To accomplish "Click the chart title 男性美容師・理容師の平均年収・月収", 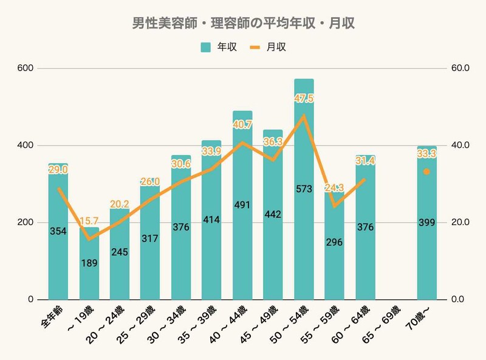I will tap(243, 24).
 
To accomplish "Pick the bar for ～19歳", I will tap(89, 280).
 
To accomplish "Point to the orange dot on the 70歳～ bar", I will tap(426, 172).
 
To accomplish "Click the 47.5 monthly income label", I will tap(304, 99).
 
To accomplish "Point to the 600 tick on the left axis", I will tap(26, 68).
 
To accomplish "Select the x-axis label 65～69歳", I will tap(386, 320).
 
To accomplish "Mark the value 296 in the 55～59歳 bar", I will tap(334, 242).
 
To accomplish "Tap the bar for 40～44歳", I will tap(242, 255).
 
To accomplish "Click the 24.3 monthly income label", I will tap(334, 187).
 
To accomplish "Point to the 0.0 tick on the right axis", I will tap(460, 300).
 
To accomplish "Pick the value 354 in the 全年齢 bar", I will tap(58, 231).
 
